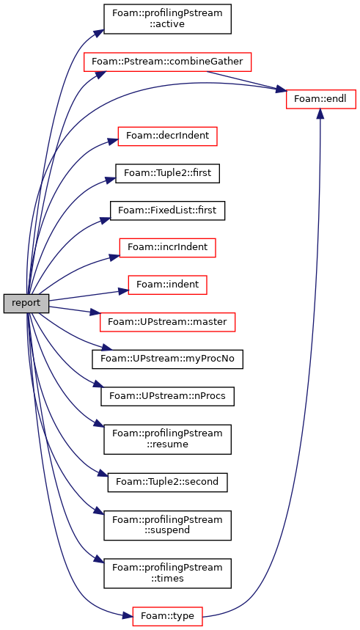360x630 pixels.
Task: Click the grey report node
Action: coord(26,304)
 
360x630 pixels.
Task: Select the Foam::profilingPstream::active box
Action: coord(167,19)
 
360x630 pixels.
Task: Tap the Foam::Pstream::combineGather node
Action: coord(168,62)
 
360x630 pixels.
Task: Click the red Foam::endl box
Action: coord(320,99)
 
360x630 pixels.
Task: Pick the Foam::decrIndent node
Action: coord(167,136)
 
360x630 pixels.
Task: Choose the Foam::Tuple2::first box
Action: coord(167,173)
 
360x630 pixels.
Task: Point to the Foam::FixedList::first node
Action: coord(167,210)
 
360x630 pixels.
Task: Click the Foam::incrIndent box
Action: coord(167,247)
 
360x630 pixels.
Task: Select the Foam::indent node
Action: coord(167,285)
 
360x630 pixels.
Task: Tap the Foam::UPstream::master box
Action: coord(167,322)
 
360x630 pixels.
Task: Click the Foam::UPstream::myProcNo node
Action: coord(167,359)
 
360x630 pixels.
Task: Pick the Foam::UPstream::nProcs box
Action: coord(167,396)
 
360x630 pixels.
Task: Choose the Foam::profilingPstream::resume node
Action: coord(167,439)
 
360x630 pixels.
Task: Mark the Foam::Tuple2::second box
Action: coord(167,482)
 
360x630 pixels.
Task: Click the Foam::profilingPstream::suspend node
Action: coord(167,525)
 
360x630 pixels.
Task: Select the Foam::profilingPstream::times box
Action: coord(167,574)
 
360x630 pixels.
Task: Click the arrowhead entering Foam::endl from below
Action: coord(320,114)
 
